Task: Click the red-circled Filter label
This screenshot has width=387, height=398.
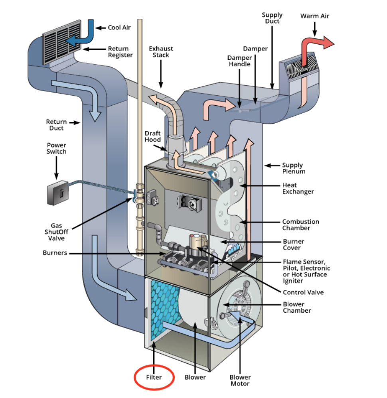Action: (x=154, y=377)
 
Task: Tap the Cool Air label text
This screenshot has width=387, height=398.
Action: (x=119, y=28)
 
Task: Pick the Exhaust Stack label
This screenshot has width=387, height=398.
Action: (x=161, y=52)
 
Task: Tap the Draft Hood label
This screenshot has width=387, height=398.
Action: (x=153, y=136)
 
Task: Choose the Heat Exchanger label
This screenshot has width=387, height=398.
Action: (x=298, y=188)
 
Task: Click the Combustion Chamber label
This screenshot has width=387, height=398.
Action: (x=300, y=225)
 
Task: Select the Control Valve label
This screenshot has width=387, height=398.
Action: (x=303, y=292)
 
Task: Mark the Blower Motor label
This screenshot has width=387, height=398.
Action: (x=240, y=380)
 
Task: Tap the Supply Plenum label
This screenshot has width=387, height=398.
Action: (x=294, y=168)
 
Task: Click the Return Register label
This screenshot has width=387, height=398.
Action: (x=120, y=52)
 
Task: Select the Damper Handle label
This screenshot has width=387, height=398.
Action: (x=239, y=61)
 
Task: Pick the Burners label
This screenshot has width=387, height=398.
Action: (x=55, y=253)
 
